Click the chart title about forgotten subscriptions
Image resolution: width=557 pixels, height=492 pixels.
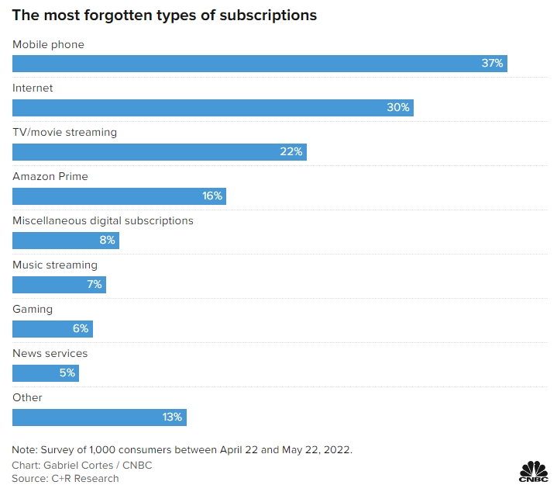pos(164,16)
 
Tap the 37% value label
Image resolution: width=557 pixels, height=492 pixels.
pos(493,64)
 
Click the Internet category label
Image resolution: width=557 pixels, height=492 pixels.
pos(33,88)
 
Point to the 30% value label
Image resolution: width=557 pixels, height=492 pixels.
pos(398,108)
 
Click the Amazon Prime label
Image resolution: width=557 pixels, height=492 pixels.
pos(50,177)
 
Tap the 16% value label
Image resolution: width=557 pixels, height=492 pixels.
pos(212,196)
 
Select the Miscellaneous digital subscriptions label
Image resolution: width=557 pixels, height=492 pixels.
pos(103,221)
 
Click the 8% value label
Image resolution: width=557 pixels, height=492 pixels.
pos(107,241)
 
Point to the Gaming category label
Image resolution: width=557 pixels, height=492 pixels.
pos(33,310)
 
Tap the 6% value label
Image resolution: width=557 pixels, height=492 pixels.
pos(81,329)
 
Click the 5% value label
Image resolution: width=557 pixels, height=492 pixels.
pos(67,373)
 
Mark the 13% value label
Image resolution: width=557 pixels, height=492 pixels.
pos(172,418)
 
